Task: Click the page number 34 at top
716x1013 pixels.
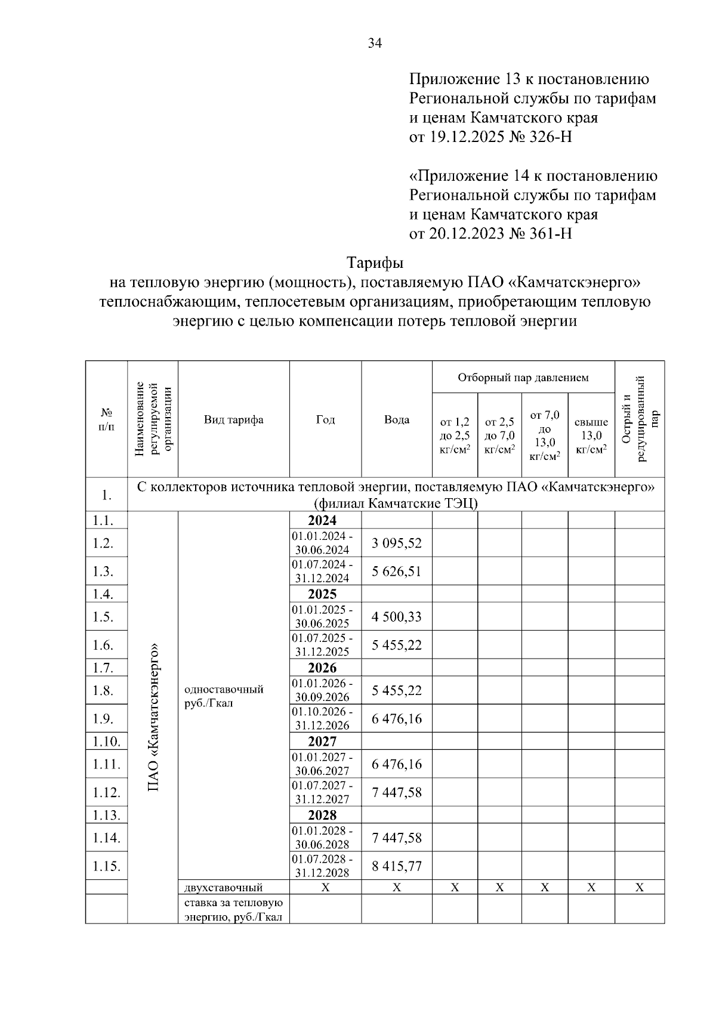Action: coord(375,43)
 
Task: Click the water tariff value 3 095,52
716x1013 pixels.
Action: coord(396,543)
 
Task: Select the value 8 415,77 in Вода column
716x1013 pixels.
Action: coord(396,866)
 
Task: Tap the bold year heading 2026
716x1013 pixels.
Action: coord(322,668)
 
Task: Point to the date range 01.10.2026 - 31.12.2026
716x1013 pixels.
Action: coord(322,719)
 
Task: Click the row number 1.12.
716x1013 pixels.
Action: coord(106,792)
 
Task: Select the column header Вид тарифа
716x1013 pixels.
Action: coord(233,419)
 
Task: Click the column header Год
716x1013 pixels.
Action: coord(325,419)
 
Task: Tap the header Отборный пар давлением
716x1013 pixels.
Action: coord(523,377)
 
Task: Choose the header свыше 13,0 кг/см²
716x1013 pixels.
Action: coord(591,436)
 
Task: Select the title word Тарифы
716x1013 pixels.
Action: coord(375,262)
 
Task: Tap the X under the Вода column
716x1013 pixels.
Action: coord(396,888)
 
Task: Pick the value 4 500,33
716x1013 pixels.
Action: coord(396,617)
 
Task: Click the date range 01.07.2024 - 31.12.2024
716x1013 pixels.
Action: coord(322,572)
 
